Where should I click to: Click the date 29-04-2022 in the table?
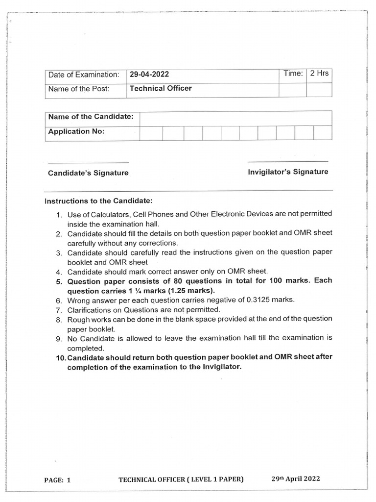click(149, 75)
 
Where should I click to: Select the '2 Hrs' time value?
click(319, 74)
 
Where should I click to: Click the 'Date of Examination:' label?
click(84, 75)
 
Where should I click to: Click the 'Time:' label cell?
click(293, 74)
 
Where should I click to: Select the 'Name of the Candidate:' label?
click(91, 117)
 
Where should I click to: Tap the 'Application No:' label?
click(76, 131)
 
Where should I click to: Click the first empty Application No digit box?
click(151, 133)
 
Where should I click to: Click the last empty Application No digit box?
click(323, 133)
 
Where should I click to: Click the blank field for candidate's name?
click(235, 118)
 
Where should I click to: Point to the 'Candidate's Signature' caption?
click(88, 173)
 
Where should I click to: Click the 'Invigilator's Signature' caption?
click(288, 172)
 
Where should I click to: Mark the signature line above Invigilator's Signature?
click(288, 161)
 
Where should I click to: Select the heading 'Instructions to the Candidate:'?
click(98, 201)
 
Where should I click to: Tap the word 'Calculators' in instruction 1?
click(107, 214)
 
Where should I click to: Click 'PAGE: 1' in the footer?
click(58, 480)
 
